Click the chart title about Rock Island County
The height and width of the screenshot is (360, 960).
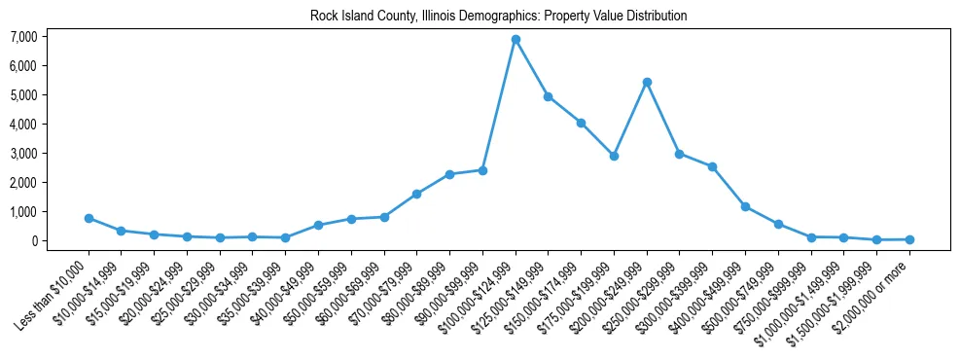pyautogui.click(x=498, y=16)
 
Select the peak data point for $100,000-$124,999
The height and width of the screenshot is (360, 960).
pyautogui.click(x=516, y=39)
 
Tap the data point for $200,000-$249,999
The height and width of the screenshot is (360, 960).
pyautogui.click(x=647, y=82)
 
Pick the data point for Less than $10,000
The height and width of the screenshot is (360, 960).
pyautogui.click(x=89, y=218)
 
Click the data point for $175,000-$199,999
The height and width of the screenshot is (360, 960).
pyautogui.click(x=614, y=156)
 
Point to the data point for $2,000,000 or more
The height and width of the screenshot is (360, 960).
pyautogui.click(x=909, y=239)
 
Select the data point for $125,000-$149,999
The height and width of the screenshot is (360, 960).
pyautogui.click(x=549, y=96)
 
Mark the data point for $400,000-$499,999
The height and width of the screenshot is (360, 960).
pyautogui.click(x=745, y=206)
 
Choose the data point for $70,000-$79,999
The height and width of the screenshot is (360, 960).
pyautogui.click(x=417, y=194)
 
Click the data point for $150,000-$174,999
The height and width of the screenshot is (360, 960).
pyautogui.click(x=581, y=123)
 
